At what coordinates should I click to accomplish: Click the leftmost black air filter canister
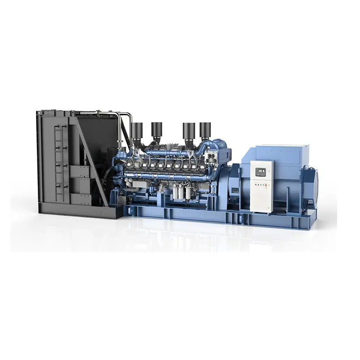pyautogui.click(x=137, y=131)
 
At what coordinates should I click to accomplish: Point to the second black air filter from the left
pyautogui.click(x=157, y=130)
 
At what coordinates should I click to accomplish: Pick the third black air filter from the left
pyautogui.click(x=189, y=131)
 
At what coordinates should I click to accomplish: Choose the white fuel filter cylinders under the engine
pyautogui.click(x=180, y=194)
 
